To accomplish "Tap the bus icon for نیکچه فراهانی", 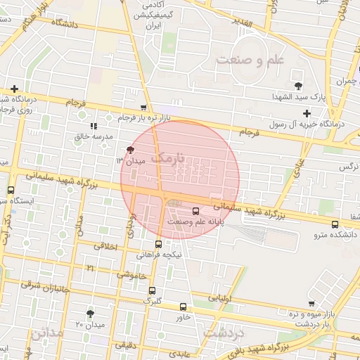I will click(158, 244).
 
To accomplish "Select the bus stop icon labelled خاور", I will click(184, 307).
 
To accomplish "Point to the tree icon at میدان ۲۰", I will click(90, 314).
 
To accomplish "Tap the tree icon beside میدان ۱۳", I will click(129, 150).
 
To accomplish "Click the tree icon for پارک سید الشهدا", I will click(300, 86).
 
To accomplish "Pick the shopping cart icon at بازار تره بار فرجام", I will click(144, 108).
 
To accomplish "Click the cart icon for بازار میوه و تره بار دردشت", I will click(311, 303).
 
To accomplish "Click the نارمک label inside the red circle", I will click(171, 157).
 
